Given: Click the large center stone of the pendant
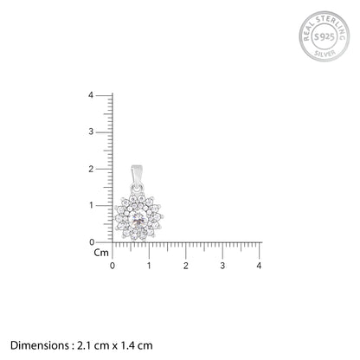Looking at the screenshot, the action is coord(139,221).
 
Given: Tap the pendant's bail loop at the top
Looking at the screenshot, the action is coord(137,175).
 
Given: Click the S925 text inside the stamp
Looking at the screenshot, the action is coord(324,36).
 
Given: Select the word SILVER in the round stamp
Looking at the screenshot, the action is coord(325,53).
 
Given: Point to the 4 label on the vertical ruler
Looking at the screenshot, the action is coord(91,95).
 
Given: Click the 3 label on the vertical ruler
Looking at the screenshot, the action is coord(91,132).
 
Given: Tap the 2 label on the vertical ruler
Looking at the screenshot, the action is coord(91,169).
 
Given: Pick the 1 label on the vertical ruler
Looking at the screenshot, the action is coord(92,205).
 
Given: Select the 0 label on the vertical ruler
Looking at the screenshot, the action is coord(92,242).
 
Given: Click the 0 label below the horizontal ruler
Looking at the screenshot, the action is coord(112,266).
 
